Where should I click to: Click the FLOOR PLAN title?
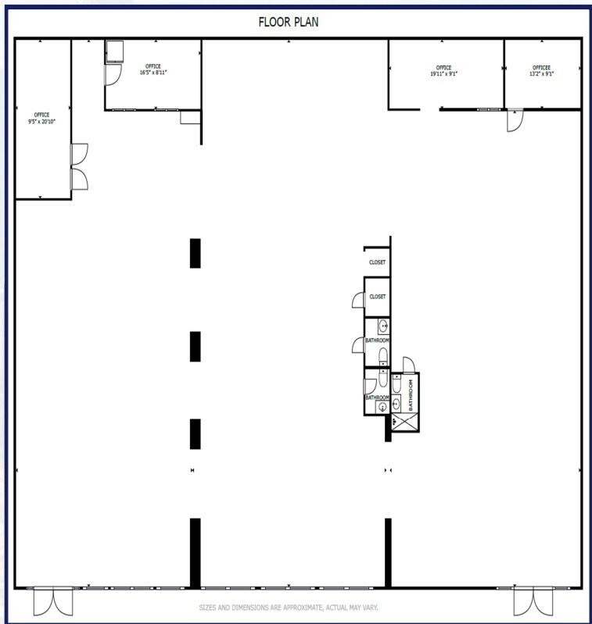pyautogui.click(x=289, y=22)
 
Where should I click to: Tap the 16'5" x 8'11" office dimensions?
pyautogui.click(x=152, y=72)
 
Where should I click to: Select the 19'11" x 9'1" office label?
pyautogui.click(x=443, y=72)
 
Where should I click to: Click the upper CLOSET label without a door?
pyautogui.click(x=377, y=262)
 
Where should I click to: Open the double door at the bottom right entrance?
pyautogui.click(x=533, y=602)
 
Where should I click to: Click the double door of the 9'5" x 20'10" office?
pyautogui.click(x=80, y=167)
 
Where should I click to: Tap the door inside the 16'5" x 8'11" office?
pyautogui.click(x=113, y=74)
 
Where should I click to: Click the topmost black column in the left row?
pyautogui.click(x=195, y=253)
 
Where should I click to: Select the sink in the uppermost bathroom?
pyautogui.click(x=382, y=326)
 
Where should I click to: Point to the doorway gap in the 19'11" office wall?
pyautogui.click(x=429, y=109)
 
